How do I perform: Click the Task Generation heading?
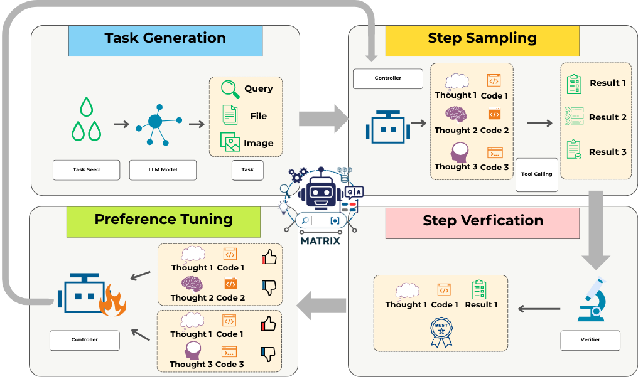[x=165, y=38]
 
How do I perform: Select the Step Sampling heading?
[x=482, y=38]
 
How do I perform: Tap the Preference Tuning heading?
[x=163, y=220]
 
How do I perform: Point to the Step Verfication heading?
[x=483, y=220]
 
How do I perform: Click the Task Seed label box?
[x=86, y=169]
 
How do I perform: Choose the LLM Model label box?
[x=163, y=169]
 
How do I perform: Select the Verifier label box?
[x=590, y=340]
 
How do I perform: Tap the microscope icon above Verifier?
[x=592, y=300]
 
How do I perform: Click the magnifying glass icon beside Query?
[x=230, y=90]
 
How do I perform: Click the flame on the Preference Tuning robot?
[x=114, y=300]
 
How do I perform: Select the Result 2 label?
[x=607, y=117]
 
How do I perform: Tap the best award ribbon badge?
[x=441, y=332]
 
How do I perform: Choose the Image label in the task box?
[x=258, y=143]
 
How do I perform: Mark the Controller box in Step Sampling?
[x=387, y=78]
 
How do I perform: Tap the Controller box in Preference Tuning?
[x=84, y=340]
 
